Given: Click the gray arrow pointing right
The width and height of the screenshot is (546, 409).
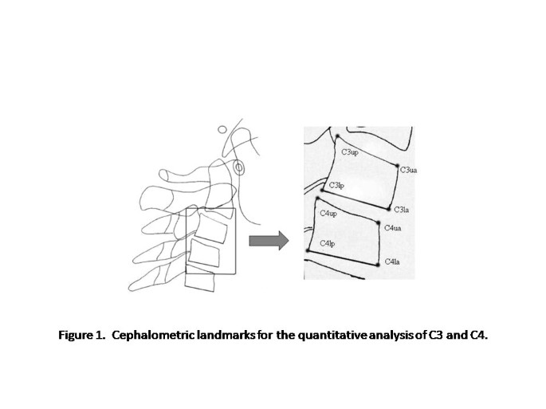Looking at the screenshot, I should (x=267, y=242).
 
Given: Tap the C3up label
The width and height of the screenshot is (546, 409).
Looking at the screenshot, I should (x=350, y=151).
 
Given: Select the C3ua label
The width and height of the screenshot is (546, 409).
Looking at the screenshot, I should (x=408, y=170).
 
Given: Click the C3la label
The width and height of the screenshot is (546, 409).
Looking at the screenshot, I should (x=402, y=210).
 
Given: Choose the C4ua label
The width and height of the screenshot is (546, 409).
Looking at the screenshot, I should (x=392, y=228).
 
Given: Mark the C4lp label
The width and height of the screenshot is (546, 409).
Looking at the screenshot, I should (x=327, y=242).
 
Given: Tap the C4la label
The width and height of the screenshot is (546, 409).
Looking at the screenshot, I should (x=393, y=262).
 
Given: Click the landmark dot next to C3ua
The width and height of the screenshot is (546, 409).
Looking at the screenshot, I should (x=397, y=165).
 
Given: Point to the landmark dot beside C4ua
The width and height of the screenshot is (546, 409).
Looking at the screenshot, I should (x=379, y=222).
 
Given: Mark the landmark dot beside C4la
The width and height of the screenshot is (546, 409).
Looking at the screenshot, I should (x=377, y=265).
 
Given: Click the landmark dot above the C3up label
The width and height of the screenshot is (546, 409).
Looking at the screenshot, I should (x=337, y=137).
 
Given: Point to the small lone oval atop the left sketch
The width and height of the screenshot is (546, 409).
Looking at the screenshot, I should (x=222, y=129).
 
